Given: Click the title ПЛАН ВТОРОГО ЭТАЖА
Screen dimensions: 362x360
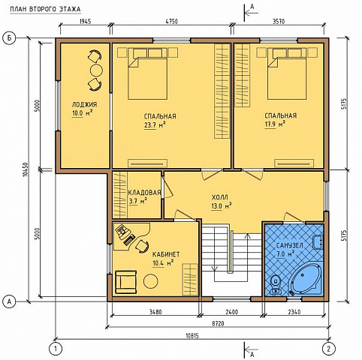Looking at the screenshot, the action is (x=45, y=9).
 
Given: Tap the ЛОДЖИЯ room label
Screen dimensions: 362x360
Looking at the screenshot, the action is (x=84, y=104).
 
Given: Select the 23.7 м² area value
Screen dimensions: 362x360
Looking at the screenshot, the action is (x=155, y=124).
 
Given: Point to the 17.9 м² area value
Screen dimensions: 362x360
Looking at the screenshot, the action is (x=276, y=124).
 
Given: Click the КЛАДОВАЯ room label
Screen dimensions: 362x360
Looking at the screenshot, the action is (x=144, y=193).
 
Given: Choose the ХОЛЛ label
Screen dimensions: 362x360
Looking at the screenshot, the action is (x=220, y=197).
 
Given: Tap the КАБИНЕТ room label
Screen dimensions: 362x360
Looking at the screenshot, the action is (x=166, y=254).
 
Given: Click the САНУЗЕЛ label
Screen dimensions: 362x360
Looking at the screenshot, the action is (x=290, y=245).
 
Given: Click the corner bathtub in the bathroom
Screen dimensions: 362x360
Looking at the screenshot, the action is (x=306, y=279).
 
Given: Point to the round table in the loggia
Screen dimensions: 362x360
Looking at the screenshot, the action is (x=96, y=70).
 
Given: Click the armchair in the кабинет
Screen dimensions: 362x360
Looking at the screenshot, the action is (x=126, y=282).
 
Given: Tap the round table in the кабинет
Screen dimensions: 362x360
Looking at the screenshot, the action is (x=151, y=281).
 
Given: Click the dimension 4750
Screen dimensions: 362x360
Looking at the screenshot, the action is (x=170, y=22).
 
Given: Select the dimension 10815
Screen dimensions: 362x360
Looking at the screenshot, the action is (x=192, y=336).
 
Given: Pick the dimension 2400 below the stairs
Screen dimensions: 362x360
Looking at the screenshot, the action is (x=232, y=312).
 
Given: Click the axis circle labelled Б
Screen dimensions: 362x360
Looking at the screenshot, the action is (x=9, y=38).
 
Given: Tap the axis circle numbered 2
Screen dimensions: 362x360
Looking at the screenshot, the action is (x=329, y=348).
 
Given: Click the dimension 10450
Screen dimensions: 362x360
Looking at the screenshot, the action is (x=26, y=169).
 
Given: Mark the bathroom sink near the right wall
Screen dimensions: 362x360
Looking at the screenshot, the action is (x=318, y=242).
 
